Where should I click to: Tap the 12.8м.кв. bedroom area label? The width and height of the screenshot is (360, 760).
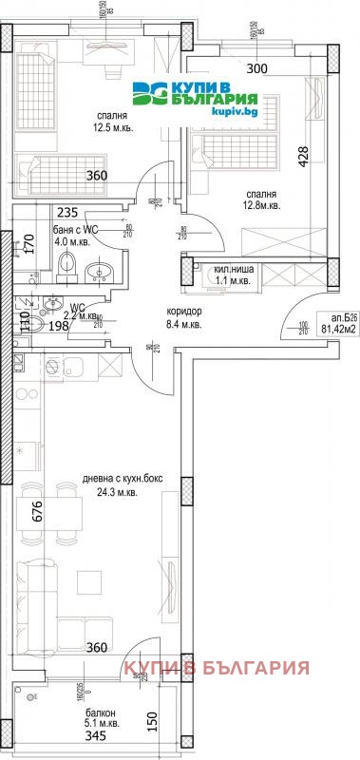tap(257, 204)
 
